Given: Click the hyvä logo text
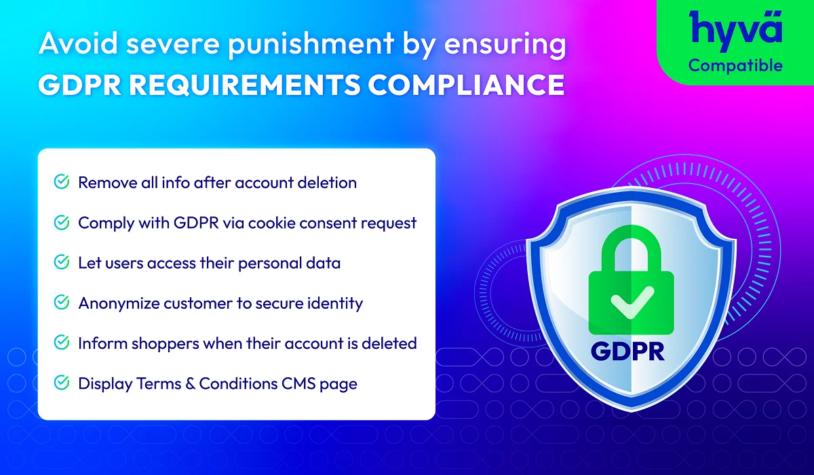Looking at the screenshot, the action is (735, 31).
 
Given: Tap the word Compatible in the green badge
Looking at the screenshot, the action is (735, 66).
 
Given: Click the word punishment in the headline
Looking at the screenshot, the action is (311, 45).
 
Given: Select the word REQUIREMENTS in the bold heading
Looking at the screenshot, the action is (244, 85).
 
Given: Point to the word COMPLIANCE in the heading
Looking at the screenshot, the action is (466, 85).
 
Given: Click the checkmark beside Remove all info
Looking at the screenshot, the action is (62, 182).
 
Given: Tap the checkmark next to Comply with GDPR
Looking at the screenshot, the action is (62, 222).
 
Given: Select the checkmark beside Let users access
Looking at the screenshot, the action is (62, 262).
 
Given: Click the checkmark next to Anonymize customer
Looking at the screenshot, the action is (62, 302).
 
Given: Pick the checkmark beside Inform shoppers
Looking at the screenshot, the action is (62, 343).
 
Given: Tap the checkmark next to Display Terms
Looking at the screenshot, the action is (62, 383).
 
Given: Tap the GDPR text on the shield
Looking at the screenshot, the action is (627, 351).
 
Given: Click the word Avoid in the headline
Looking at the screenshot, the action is (79, 43).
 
